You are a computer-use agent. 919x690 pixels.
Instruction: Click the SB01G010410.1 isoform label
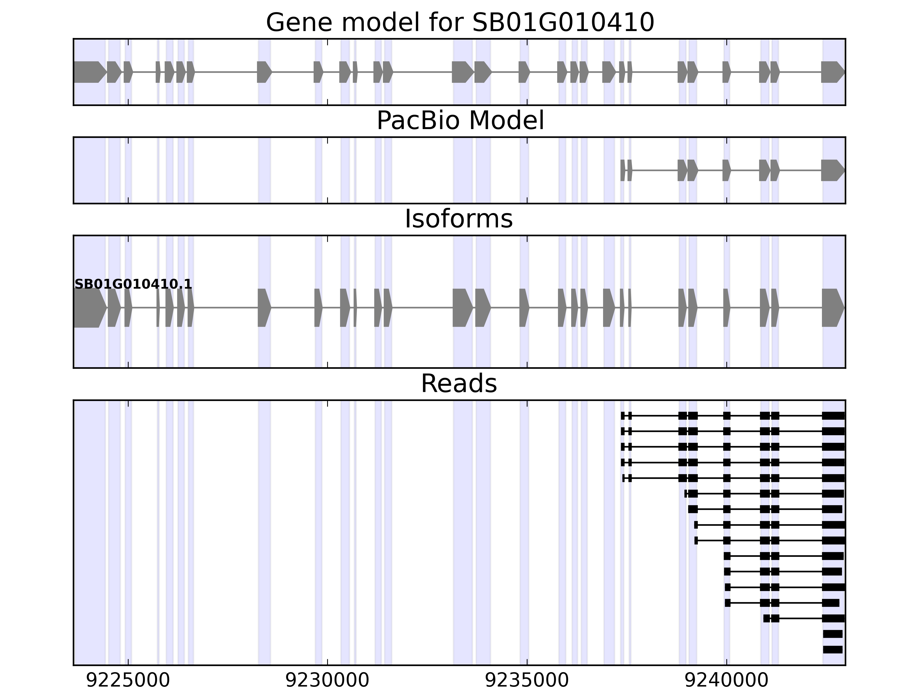point(133,284)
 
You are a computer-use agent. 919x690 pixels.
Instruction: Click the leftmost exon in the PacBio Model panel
point(622,170)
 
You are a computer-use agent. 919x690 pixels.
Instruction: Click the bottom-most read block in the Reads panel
point(833,650)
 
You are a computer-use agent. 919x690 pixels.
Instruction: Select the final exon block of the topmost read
point(833,415)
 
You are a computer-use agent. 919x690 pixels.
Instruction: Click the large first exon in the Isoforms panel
point(89,308)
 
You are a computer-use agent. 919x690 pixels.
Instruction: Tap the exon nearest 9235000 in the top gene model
point(524,72)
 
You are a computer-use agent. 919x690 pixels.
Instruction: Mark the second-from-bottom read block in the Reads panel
point(833,634)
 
